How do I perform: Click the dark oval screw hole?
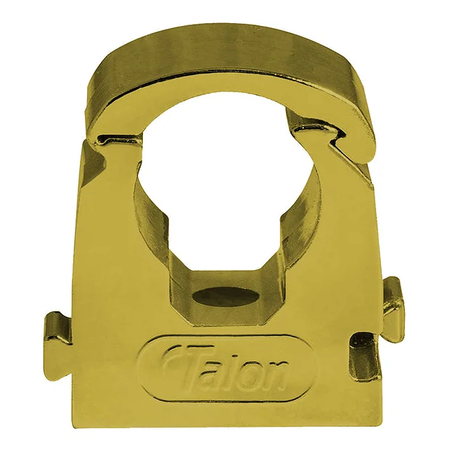(x=228, y=297)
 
